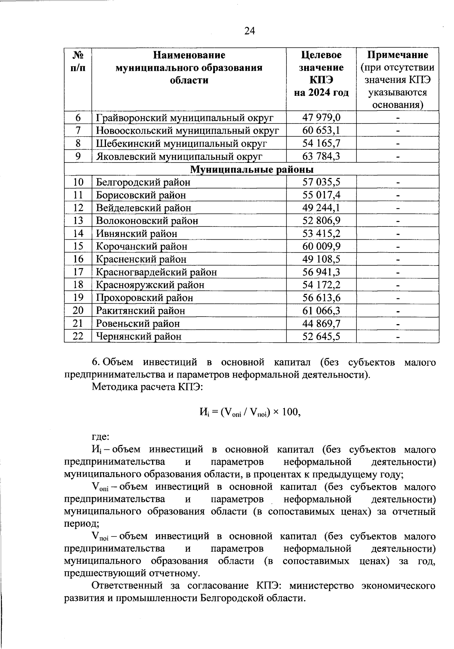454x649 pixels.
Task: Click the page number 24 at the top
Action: (250, 31)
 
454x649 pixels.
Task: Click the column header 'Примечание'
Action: (398, 55)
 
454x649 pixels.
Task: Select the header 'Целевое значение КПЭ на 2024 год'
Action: (321, 74)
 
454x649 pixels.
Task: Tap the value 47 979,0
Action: (321, 118)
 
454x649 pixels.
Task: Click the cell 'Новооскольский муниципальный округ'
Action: (188, 131)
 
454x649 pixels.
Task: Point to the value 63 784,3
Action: (321, 156)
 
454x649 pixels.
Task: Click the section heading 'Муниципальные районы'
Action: (252, 169)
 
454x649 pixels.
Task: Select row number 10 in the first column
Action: (78, 182)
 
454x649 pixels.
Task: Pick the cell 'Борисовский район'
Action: (141, 195)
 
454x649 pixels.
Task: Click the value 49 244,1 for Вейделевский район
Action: (321, 208)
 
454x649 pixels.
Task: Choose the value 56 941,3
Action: (321, 272)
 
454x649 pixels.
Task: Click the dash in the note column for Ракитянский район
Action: (398, 311)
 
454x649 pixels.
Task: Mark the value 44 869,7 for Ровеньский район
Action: (321, 324)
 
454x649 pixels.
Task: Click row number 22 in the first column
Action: (78, 336)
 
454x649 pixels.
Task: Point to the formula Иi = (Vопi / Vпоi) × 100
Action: (250, 412)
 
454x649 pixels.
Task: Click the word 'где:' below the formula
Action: (101, 437)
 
